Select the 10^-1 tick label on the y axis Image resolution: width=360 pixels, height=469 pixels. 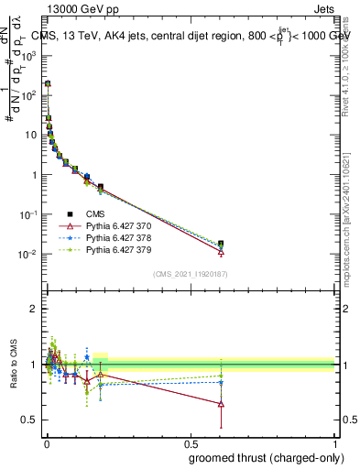[28, 214]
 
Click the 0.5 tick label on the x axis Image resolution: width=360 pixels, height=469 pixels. [190, 443]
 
